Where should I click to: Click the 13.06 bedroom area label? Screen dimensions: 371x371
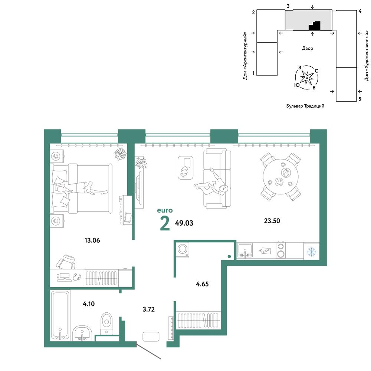click(x=92, y=240)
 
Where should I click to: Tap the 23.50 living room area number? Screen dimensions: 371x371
click(x=272, y=221)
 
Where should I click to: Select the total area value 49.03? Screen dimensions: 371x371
click(x=184, y=223)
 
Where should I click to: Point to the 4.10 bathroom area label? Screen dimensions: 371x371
click(x=89, y=304)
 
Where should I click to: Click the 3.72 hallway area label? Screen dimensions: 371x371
click(x=149, y=309)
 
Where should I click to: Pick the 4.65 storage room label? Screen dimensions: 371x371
click(x=202, y=284)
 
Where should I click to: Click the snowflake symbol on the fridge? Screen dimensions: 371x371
click(x=311, y=252)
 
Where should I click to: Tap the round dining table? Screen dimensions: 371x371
click(x=280, y=177)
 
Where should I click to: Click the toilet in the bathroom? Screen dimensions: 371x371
click(x=106, y=324)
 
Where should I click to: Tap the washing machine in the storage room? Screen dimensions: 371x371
click(x=183, y=249)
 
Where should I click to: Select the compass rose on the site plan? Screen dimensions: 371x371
click(x=307, y=78)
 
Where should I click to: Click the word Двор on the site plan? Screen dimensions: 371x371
click(x=307, y=48)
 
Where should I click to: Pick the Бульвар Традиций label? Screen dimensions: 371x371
click(x=305, y=106)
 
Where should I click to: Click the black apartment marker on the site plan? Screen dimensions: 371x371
click(x=315, y=26)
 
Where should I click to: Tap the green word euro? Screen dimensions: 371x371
click(x=165, y=210)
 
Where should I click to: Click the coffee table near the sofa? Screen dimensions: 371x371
click(x=185, y=168)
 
